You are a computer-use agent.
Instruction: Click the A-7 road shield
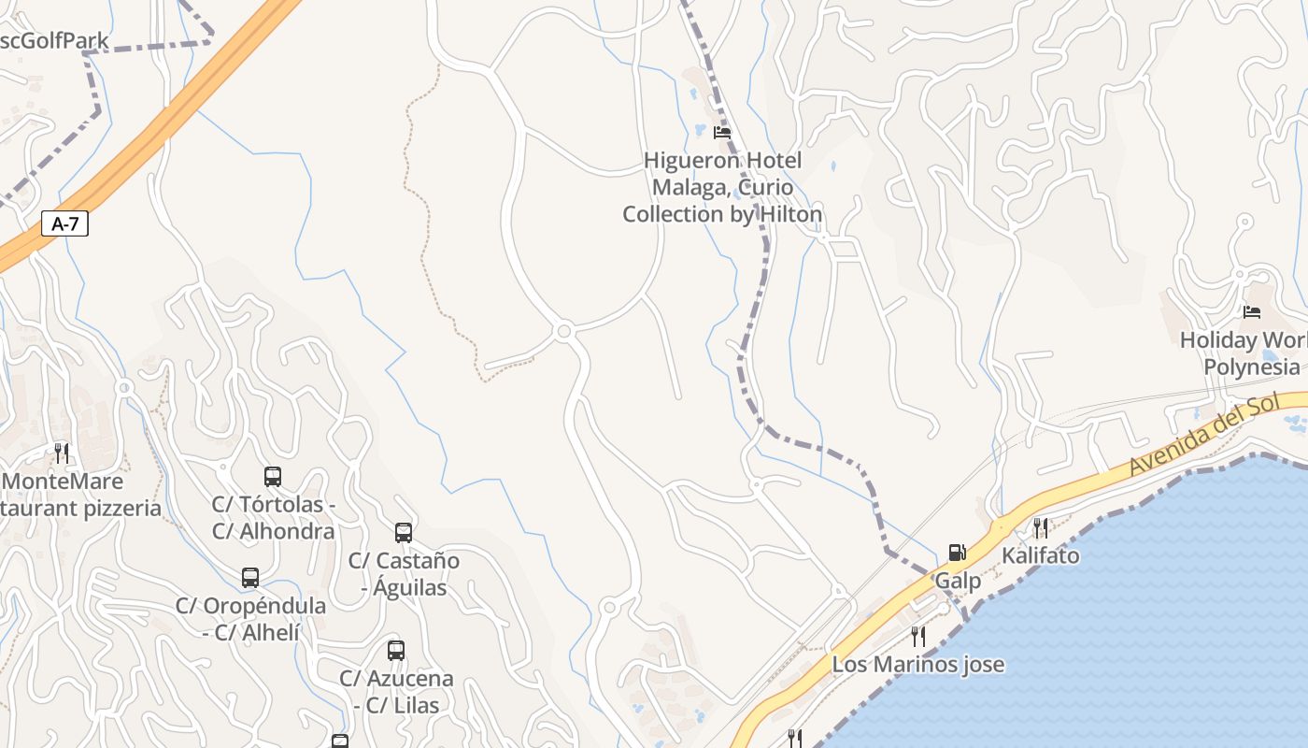click(65, 223)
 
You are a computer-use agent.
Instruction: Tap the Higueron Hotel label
click(722, 187)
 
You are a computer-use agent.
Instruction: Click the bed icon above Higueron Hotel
click(721, 133)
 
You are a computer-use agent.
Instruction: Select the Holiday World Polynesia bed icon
click(1252, 312)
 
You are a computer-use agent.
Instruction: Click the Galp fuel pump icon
click(957, 553)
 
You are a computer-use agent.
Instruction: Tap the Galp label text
click(958, 581)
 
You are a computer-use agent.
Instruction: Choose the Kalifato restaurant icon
click(1040, 528)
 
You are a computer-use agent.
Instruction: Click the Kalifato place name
click(1040, 555)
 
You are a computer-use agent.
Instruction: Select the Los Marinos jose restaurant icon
click(918, 637)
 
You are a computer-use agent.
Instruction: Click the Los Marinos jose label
click(917, 665)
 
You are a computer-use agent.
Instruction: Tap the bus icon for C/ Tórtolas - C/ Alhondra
click(273, 477)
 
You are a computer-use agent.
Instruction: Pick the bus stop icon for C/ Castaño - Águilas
click(404, 533)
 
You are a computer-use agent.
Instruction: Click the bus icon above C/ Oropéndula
click(250, 578)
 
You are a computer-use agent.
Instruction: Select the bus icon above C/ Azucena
click(396, 651)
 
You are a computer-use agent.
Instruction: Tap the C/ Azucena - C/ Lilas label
click(396, 691)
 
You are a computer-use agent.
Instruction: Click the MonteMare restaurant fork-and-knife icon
click(62, 453)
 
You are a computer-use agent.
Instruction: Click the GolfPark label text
click(56, 41)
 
